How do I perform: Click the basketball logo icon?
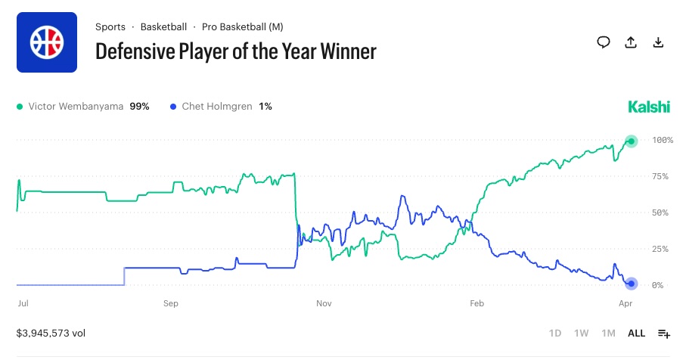coord(47,42)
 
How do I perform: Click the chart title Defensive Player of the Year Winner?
coord(235,51)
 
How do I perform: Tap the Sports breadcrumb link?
coord(110,27)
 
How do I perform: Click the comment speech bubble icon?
coord(604,42)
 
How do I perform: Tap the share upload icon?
coord(631,42)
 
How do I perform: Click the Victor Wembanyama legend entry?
coord(82,107)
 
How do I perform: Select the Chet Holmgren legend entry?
coord(222,107)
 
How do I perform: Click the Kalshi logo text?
coord(649,107)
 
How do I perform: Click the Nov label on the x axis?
coord(324,303)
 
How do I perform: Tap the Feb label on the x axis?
coord(476,303)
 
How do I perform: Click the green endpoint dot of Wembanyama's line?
coord(632,141)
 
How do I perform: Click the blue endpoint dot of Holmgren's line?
coord(632,284)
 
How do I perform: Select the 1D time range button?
coord(555,333)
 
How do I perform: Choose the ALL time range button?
coord(636,333)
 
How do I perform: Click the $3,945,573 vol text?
coord(51,333)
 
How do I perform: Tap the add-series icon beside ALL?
coord(664,334)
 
